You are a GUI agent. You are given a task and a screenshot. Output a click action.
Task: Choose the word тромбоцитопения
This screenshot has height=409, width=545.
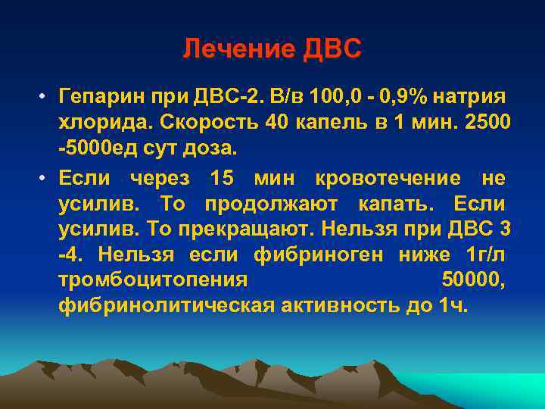[152, 281]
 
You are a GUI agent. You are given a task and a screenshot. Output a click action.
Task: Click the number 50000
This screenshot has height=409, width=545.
[470, 281]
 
